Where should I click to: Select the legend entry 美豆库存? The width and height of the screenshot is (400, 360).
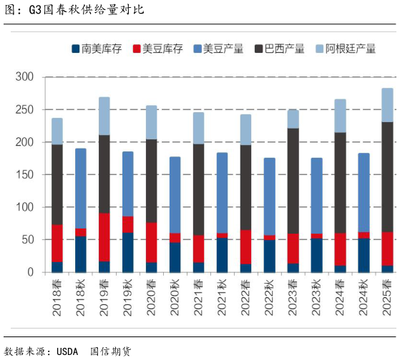click(x=162, y=49)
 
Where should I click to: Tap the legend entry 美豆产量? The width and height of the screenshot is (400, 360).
click(x=223, y=49)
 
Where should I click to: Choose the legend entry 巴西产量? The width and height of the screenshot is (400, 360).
click(x=284, y=49)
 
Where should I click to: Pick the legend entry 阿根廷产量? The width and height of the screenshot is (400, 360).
click(x=350, y=49)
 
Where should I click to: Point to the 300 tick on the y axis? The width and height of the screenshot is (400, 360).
click(x=24, y=77)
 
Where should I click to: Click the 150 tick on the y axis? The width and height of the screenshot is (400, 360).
click(x=24, y=175)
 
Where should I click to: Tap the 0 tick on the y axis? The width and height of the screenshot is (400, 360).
click(x=29, y=272)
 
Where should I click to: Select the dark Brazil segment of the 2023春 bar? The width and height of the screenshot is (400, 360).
click(x=293, y=181)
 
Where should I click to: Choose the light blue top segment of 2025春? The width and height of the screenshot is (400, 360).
click(x=387, y=105)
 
